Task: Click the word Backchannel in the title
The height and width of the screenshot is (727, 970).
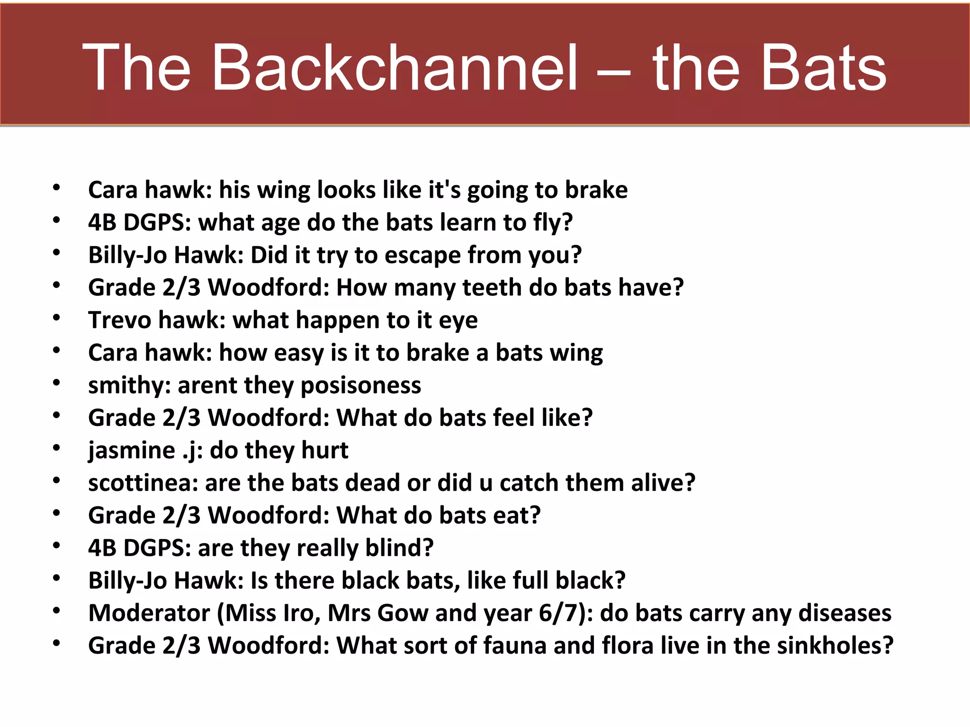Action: click(x=394, y=67)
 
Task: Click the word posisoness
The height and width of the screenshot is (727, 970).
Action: click(x=360, y=385)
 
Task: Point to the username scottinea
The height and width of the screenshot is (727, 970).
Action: click(x=143, y=483)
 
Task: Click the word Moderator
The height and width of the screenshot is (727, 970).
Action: click(x=149, y=613)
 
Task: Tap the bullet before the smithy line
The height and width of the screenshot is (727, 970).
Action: click(x=56, y=382)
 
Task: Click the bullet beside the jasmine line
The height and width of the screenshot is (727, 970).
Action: click(x=56, y=447)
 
